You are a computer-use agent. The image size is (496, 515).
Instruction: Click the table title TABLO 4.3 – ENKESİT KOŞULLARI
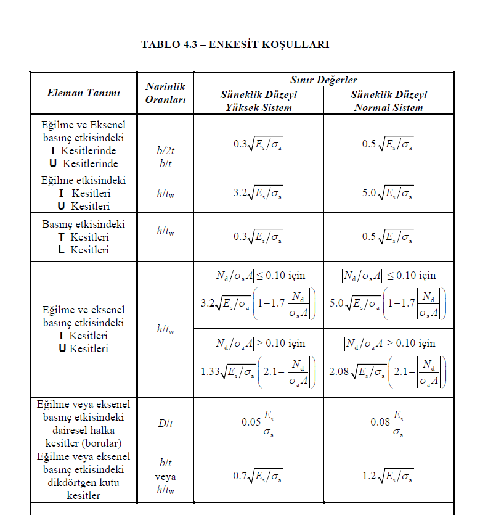tap(235, 44)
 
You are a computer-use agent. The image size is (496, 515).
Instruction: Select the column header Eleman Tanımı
tap(83, 93)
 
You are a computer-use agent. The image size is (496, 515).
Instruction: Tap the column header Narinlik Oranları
tap(165, 93)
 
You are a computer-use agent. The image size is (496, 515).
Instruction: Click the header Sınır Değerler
tap(323, 80)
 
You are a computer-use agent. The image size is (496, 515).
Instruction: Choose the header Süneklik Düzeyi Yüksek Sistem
tap(258, 101)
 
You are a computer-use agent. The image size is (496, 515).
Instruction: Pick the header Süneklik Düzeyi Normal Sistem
tap(388, 101)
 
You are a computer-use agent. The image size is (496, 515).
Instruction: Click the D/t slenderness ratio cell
tap(165, 422)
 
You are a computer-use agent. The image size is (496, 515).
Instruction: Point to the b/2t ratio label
tap(165, 149)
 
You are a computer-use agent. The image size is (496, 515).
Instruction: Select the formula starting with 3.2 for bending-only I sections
tap(258, 192)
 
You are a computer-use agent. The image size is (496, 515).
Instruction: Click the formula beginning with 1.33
tap(258, 372)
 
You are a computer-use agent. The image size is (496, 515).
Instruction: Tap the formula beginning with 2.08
tap(388, 372)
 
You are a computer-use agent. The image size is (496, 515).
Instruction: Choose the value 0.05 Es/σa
tap(258, 422)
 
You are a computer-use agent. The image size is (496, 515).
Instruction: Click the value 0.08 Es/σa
tap(388, 422)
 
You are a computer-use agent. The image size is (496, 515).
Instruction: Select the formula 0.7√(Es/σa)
tap(258, 476)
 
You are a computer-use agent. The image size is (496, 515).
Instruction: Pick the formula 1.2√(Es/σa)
tap(388, 476)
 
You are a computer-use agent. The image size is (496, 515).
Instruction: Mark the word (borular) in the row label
tap(102, 443)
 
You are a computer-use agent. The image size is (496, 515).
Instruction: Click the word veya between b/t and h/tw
tap(165, 477)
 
